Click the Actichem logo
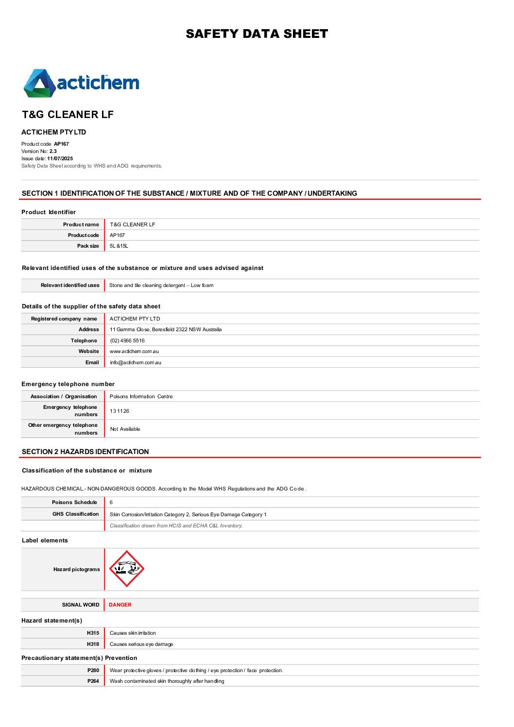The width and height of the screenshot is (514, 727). tap(81, 83)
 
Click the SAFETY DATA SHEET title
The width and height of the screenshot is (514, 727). tap(257, 34)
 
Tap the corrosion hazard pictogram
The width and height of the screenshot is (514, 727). tap(126, 569)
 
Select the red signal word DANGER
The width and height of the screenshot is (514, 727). tap(120, 605)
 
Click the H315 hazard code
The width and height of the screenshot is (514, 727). tap(93, 633)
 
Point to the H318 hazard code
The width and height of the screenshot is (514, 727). tap(93, 644)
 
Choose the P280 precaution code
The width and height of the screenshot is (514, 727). tap(93, 670)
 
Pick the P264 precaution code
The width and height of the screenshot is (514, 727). tap(93, 681)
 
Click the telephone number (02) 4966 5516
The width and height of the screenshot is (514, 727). tap(127, 340)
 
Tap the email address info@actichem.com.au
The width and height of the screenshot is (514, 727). tap(136, 362)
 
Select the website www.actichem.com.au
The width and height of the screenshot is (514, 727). tap(134, 351)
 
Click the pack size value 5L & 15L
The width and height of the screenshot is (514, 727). tap(119, 246)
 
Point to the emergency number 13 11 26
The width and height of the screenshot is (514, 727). tap(120, 411)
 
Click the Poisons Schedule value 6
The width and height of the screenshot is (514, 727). tap(111, 502)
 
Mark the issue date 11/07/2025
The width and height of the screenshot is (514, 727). tap(60, 158)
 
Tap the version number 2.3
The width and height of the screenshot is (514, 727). tap(53, 151)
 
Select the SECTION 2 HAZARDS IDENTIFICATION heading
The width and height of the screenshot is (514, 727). tap(86, 452)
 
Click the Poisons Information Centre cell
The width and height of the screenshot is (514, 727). tap(141, 396)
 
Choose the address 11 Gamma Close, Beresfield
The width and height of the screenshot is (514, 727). tap(166, 329)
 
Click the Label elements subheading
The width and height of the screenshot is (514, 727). tap(45, 540)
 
